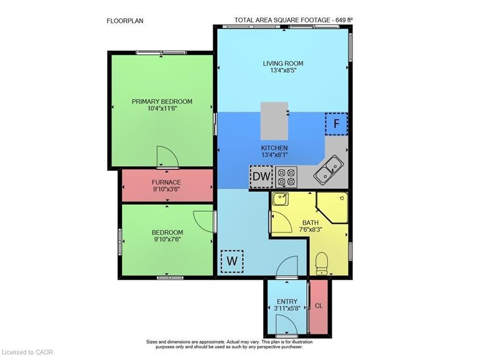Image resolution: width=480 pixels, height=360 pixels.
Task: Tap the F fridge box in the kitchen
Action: coord(336,124)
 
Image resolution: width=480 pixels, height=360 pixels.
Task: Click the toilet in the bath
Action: coord(322,264)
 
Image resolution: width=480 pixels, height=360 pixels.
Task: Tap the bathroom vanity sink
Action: coord(281,200)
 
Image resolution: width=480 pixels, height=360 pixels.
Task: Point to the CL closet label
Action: coord(319,306)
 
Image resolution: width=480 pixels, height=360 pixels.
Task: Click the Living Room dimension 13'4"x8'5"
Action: coord(283,70)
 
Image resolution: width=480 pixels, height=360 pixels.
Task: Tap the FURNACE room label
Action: coord(166,182)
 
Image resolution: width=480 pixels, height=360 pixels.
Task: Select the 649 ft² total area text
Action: coord(344,20)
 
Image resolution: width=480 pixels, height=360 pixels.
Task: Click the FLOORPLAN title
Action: coord(125,21)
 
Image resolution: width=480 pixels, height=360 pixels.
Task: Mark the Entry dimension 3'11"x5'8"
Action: coord(287,308)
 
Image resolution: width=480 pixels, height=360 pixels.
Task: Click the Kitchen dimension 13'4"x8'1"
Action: coord(275,155)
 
